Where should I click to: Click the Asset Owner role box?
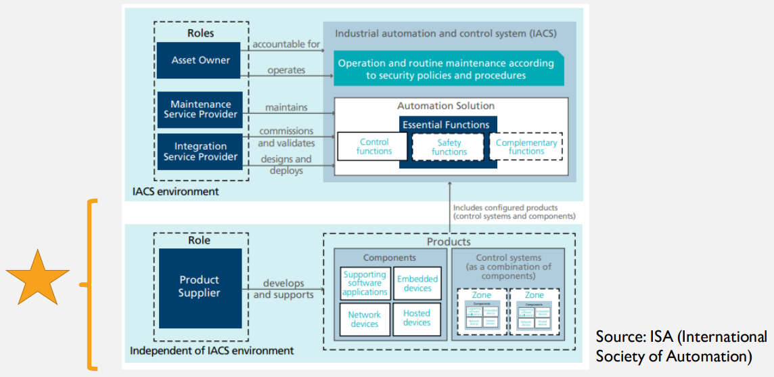(x=200, y=60)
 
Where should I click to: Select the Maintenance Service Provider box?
(x=200, y=110)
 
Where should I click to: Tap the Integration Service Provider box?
(x=200, y=152)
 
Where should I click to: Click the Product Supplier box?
(x=200, y=287)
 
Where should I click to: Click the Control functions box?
(x=373, y=147)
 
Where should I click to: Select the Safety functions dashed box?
(x=449, y=148)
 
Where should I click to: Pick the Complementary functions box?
(x=526, y=147)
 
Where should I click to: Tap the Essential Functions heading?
(x=446, y=125)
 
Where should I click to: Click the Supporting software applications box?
(x=365, y=284)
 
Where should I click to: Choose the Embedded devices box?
(x=417, y=284)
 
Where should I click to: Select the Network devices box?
(x=365, y=319)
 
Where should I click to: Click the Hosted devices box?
(x=417, y=318)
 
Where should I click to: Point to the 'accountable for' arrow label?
(x=286, y=45)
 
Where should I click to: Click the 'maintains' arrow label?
(x=286, y=107)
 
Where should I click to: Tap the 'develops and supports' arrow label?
(x=283, y=289)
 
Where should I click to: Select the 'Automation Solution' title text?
(x=446, y=106)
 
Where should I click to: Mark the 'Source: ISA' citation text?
(x=681, y=346)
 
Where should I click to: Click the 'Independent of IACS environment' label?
(x=212, y=351)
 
